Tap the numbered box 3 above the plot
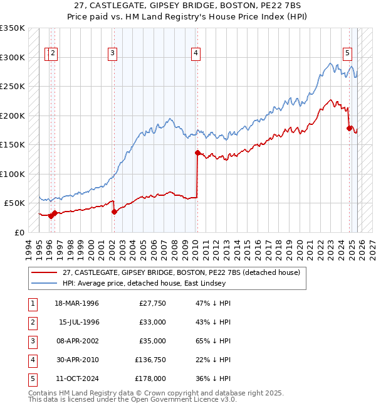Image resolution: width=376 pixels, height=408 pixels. (112, 54)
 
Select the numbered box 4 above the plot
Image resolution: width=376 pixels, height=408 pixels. (196, 54)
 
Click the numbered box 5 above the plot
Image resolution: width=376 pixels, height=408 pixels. (347, 54)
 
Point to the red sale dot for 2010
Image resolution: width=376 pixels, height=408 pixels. (197, 153)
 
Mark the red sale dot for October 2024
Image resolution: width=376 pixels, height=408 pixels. (349, 128)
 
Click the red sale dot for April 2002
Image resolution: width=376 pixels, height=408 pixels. (114, 212)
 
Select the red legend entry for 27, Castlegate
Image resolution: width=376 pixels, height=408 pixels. (181, 272)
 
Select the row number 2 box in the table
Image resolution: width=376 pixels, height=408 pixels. (31, 322)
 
